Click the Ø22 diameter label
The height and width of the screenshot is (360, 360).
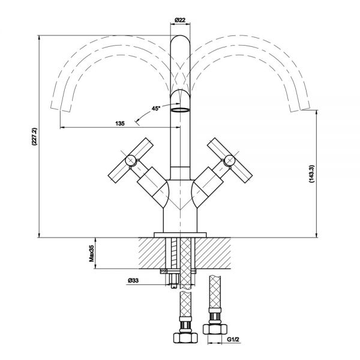180,20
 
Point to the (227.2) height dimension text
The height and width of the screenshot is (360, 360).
34,137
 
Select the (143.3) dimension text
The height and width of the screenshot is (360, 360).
311,173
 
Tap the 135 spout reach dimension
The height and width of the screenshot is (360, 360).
120,124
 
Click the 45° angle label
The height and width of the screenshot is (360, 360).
156,108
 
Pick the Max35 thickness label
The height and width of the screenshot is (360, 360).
92,253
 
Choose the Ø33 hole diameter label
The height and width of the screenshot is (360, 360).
133,280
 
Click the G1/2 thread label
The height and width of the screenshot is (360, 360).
233,339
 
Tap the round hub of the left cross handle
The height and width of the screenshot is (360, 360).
131,160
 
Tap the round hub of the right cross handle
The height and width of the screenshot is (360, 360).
230,160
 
